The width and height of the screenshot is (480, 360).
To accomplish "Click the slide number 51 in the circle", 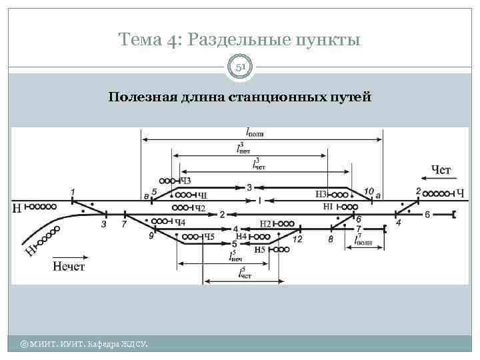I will click(x=240, y=67).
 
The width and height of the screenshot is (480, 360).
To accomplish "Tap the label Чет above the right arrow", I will click(x=441, y=171).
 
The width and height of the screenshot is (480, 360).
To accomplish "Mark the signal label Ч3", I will click(x=185, y=181).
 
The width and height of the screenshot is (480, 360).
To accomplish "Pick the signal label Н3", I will click(x=321, y=194).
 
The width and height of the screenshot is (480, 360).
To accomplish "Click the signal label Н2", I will click(x=265, y=224).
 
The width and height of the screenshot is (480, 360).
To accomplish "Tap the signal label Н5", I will click(x=260, y=249).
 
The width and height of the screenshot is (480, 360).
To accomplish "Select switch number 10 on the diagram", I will click(x=369, y=191).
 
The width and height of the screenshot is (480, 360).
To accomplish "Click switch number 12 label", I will click(x=297, y=239).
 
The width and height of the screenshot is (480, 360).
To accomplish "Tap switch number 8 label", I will click(x=331, y=239).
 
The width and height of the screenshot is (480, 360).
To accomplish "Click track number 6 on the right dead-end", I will click(x=427, y=214).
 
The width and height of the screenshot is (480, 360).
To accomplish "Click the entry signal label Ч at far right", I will click(x=460, y=194).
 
